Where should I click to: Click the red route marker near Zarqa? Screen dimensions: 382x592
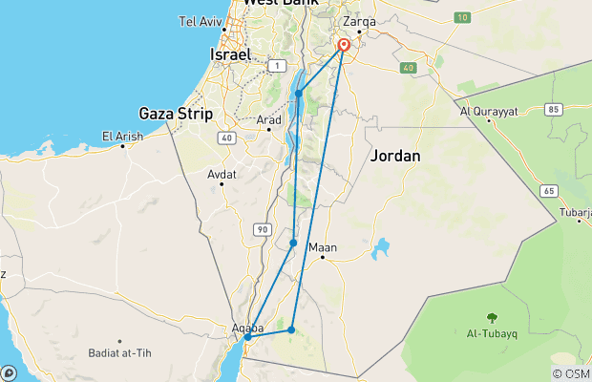pyautogui.click(x=343, y=45)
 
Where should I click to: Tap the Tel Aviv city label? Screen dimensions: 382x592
pyautogui.click(x=201, y=21)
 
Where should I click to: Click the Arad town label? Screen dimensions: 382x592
pyautogui.click(x=269, y=119)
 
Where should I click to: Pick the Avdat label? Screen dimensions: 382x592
pyautogui.click(x=222, y=174)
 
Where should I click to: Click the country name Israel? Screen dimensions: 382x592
pyautogui.click(x=229, y=55)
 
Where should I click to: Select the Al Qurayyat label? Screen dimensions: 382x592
pyautogui.click(x=489, y=111)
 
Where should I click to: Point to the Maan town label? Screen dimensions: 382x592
pyautogui.click(x=328, y=246)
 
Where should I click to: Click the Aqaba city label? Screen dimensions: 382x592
pyautogui.click(x=247, y=329)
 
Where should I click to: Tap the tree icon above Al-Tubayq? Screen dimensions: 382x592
pyautogui.click(x=491, y=319)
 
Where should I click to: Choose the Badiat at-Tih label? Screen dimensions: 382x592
pyautogui.click(x=119, y=350)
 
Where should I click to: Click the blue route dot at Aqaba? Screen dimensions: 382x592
pyautogui.click(x=247, y=337)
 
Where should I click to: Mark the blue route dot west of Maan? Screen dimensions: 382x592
pyautogui.click(x=293, y=244)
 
